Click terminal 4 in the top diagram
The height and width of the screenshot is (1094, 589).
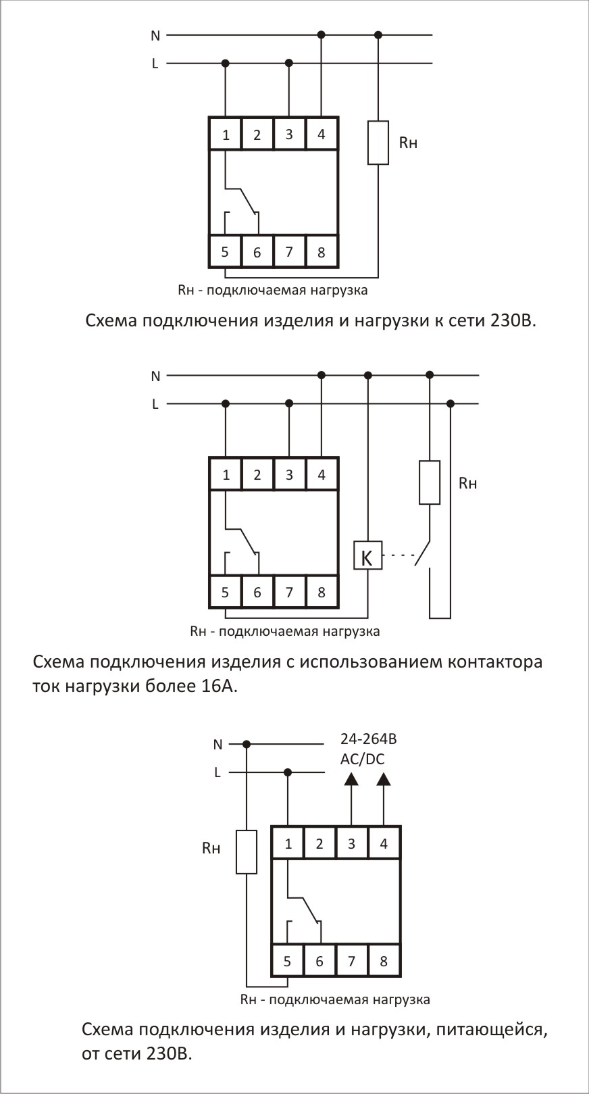321,134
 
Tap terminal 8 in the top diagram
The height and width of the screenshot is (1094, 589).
321,252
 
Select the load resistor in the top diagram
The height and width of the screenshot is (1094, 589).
378,143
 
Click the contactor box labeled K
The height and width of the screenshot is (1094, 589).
367,555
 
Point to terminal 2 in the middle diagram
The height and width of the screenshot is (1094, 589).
257,475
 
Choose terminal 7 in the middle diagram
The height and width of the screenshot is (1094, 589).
289,593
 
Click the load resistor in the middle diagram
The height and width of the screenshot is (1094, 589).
430,482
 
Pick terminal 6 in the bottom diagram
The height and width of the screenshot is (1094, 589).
319,961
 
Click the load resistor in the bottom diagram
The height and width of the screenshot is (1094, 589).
247,852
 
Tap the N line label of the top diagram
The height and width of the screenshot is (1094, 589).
155,36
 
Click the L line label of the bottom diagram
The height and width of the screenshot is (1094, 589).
217,772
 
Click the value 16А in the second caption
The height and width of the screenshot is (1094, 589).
219,686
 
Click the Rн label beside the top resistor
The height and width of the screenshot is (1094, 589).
408,143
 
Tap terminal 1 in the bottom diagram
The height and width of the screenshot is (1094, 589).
288,843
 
